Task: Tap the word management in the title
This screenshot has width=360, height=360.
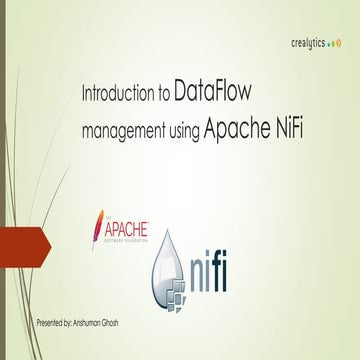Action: [123, 129]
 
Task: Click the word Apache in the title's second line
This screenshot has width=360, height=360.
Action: [234, 127]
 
